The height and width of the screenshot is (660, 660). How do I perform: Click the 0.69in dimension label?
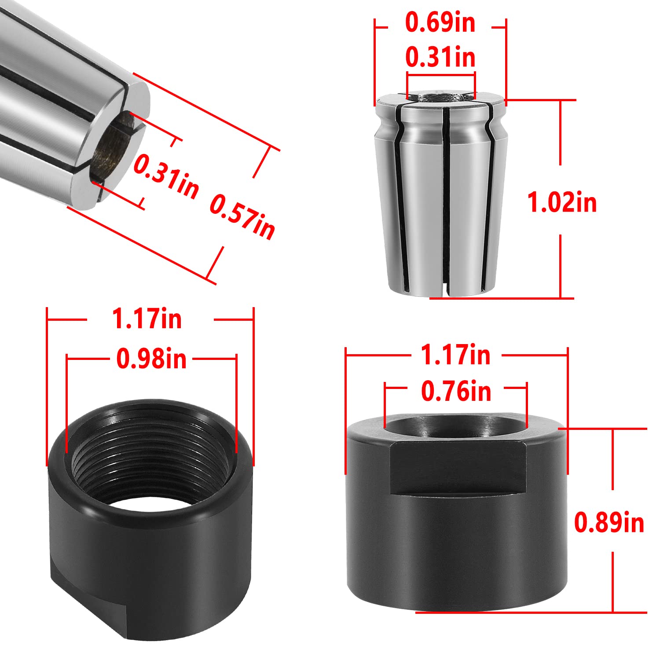(440, 23)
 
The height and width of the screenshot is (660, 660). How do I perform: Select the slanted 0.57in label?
(242, 217)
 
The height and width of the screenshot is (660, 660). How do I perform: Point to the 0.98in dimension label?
(151, 359)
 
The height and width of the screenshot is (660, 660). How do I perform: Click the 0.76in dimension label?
(456, 391)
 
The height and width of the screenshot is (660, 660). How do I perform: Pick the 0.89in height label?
(609, 522)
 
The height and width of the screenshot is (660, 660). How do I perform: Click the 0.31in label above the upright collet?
(440, 57)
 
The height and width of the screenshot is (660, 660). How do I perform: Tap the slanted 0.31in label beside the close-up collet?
(166, 176)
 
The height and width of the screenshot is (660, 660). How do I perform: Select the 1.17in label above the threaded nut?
(147, 319)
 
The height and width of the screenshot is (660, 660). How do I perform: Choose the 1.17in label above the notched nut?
(455, 355)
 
